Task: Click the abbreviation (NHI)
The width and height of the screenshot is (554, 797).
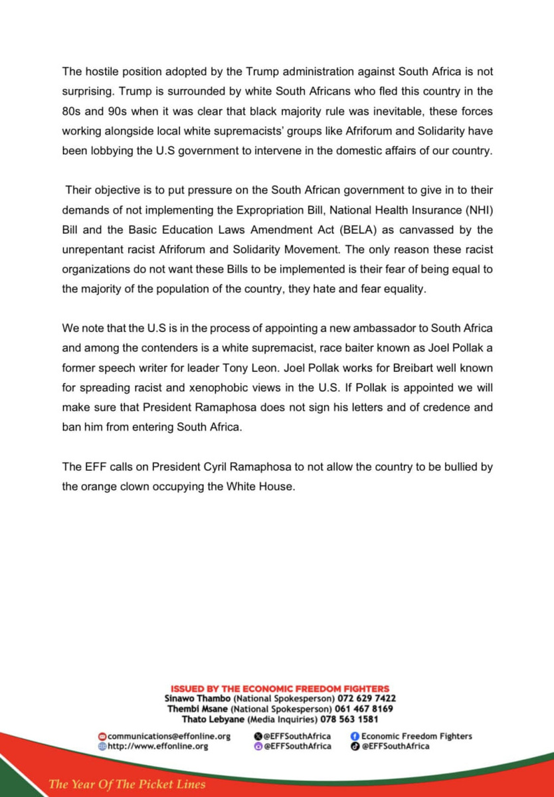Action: (x=475, y=211)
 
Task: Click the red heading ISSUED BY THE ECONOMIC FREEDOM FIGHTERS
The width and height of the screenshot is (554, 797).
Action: (x=280, y=689)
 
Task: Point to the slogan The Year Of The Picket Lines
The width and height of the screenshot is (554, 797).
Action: (x=127, y=784)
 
